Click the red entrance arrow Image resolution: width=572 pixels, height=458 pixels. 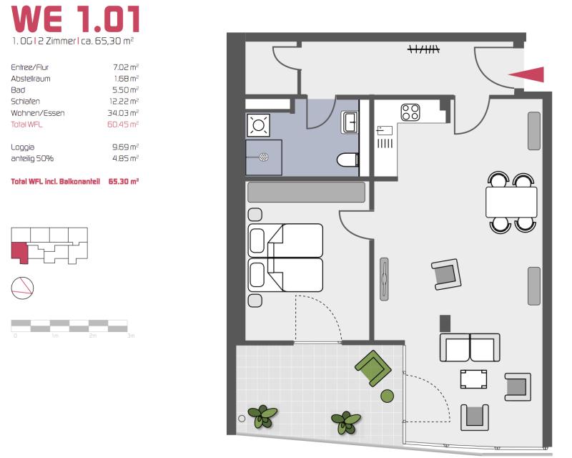click(x=529, y=74)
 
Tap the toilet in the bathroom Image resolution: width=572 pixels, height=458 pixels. click(x=347, y=160)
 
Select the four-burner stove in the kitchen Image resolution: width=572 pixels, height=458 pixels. click(x=410, y=112)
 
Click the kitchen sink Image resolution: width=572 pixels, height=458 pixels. click(x=385, y=130)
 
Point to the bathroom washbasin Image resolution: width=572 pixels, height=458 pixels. click(x=350, y=122)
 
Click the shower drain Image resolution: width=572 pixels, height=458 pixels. click(x=264, y=157)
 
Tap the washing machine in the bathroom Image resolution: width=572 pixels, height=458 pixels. click(x=258, y=125)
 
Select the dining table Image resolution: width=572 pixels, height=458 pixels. click(x=511, y=202)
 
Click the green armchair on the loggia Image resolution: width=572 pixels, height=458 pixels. click(x=373, y=368)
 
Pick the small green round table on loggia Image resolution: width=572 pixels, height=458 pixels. click(x=387, y=396)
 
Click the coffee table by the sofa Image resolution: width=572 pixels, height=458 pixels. click(x=473, y=379)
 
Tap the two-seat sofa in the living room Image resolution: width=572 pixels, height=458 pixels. click(x=470, y=347)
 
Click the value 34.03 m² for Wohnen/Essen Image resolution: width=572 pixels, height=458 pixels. click(x=123, y=113)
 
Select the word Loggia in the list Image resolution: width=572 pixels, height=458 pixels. click(x=23, y=147)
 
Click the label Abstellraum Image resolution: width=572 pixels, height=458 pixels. click(x=31, y=79)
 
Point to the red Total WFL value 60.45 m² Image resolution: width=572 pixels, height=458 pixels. click(x=123, y=125)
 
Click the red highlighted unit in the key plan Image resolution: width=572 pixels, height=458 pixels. click(x=20, y=252)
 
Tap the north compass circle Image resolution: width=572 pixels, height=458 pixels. click(x=23, y=288)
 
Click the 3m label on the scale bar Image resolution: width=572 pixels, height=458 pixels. click(x=131, y=336)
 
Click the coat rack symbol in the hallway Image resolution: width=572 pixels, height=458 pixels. click(x=423, y=49)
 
